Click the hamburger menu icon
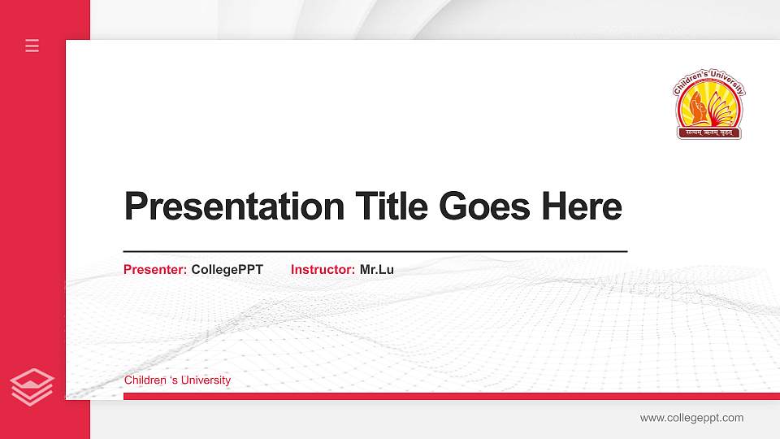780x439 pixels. pyautogui.click(x=32, y=46)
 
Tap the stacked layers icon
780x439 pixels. pyautogui.click(x=32, y=386)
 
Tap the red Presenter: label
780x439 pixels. pyautogui.click(x=155, y=269)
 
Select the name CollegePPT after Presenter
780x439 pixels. pyautogui.click(x=227, y=269)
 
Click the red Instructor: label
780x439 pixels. pyautogui.click(x=323, y=269)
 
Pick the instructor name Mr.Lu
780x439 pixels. pyautogui.click(x=377, y=269)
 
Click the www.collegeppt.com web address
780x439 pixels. pyautogui.click(x=691, y=418)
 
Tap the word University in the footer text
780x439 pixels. pyautogui.click(x=206, y=380)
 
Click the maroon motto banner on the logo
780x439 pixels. pyautogui.click(x=710, y=130)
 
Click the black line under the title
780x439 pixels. pyautogui.click(x=375, y=252)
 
